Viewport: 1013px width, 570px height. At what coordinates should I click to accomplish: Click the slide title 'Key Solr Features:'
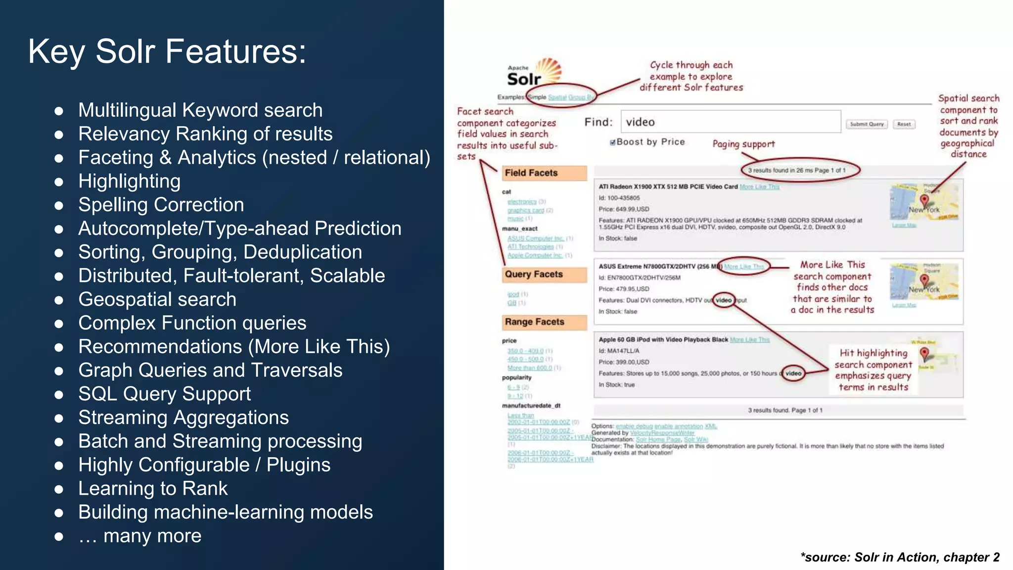tap(167, 51)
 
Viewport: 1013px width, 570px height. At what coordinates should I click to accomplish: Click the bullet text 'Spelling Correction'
tap(161, 205)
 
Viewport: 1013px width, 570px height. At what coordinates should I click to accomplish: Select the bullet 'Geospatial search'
tap(157, 299)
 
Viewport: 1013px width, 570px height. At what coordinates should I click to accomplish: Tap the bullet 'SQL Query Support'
tap(164, 394)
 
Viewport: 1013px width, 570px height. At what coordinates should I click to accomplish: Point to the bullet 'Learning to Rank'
tap(153, 488)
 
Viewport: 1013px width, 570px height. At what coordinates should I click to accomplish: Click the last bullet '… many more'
tap(140, 536)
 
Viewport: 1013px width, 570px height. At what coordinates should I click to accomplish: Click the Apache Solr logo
tap(534, 73)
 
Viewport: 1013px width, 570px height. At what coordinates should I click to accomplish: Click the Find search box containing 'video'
tap(730, 122)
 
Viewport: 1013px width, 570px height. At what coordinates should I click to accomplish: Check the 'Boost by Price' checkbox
tap(613, 142)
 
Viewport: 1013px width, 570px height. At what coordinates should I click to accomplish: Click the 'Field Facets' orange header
tap(544, 173)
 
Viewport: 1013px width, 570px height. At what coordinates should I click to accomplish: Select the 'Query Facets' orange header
tap(544, 274)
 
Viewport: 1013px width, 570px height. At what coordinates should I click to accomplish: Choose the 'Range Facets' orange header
tap(544, 322)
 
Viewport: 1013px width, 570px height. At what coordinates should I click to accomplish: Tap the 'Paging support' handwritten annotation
tap(743, 144)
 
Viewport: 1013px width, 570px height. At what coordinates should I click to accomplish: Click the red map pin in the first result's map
tap(924, 200)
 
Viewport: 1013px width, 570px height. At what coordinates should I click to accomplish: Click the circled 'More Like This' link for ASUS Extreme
tap(744, 267)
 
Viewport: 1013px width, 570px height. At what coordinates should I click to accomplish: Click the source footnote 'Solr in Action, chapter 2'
tap(900, 557)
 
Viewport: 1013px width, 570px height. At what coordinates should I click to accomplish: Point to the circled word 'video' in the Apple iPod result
tap(793, 373)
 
